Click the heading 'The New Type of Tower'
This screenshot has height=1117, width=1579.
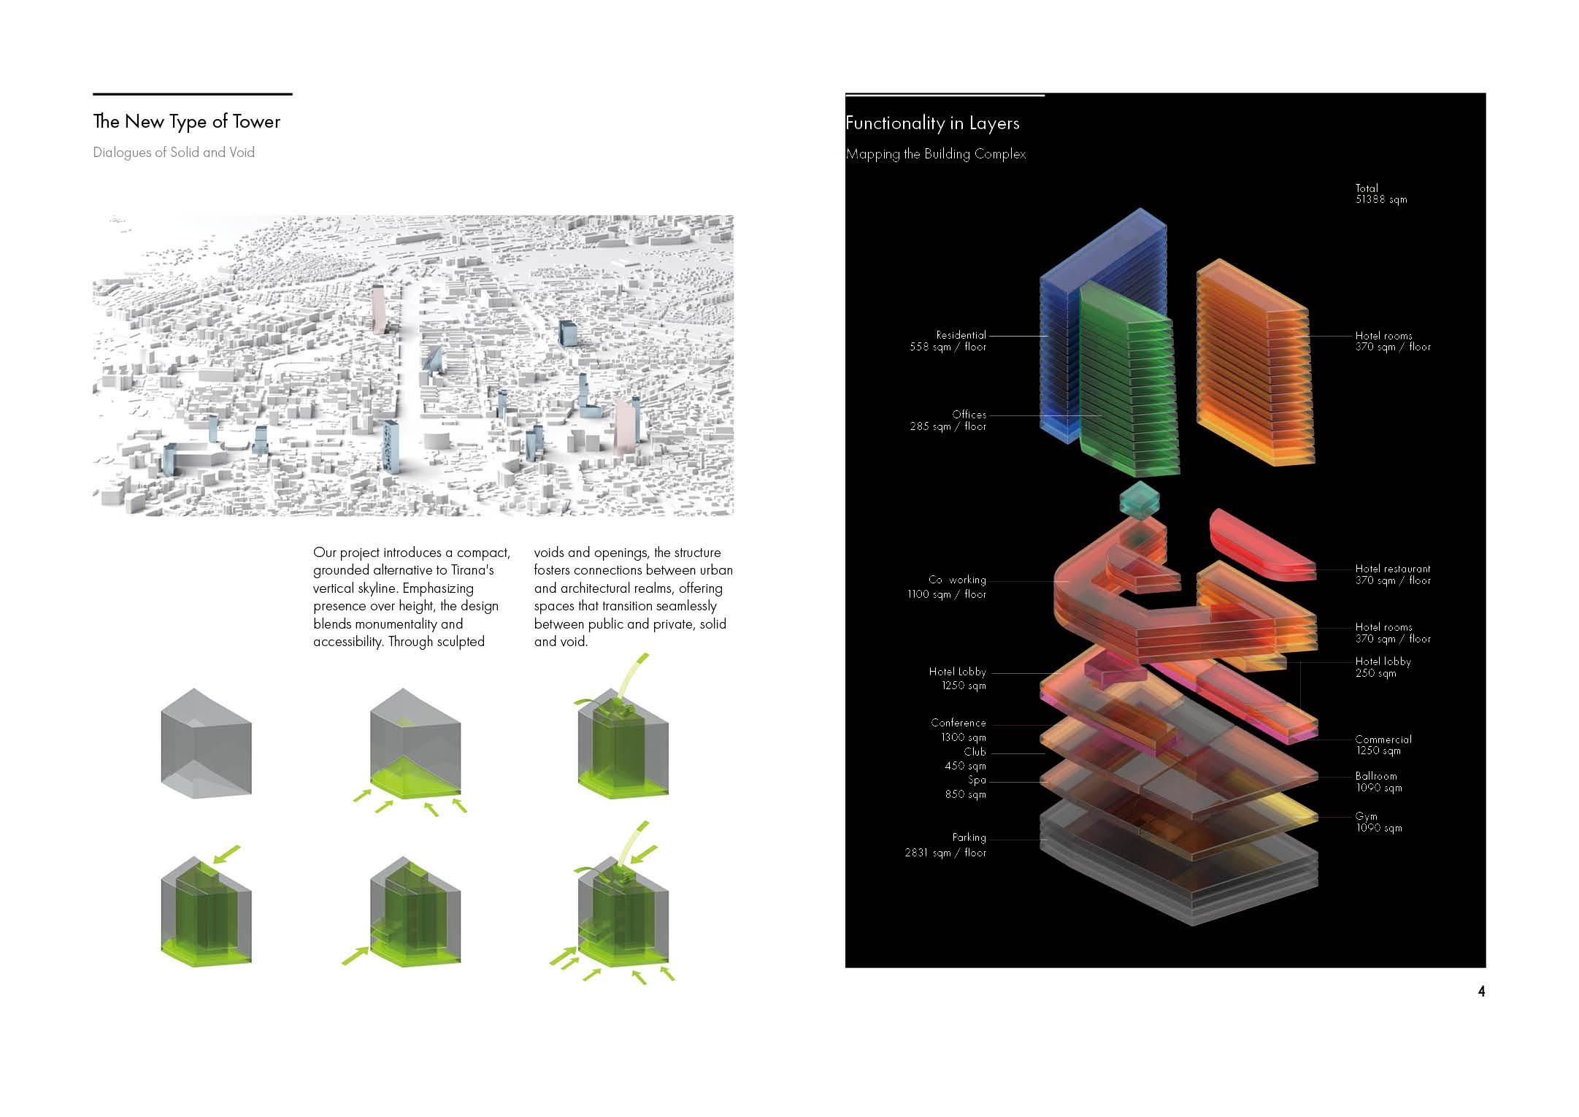coord(187,122)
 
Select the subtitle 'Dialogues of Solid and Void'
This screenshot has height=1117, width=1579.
coord(174,153)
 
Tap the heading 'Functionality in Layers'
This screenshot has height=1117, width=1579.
coord(932,123)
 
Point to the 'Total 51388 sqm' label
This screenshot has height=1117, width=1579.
coord(1380,193)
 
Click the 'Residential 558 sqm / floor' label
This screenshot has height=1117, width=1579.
coord(948,341)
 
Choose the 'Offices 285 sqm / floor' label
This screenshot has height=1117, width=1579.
coord(948,421)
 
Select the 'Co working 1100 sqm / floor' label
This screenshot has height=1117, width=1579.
coord(947,587)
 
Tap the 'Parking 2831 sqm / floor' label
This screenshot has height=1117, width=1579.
coord(946,845)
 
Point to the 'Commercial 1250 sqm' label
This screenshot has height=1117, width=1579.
coord(1383,745)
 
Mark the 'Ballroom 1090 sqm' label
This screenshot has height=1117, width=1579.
coord(1378,782)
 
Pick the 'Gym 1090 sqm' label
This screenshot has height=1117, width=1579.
coord(1378,822)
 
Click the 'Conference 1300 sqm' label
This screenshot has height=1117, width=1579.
coord(958,729)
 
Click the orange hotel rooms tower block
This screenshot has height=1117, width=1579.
coord(1253,365)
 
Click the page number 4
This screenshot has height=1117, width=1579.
coord(1481,991)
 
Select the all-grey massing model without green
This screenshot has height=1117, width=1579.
coord(207,742)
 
